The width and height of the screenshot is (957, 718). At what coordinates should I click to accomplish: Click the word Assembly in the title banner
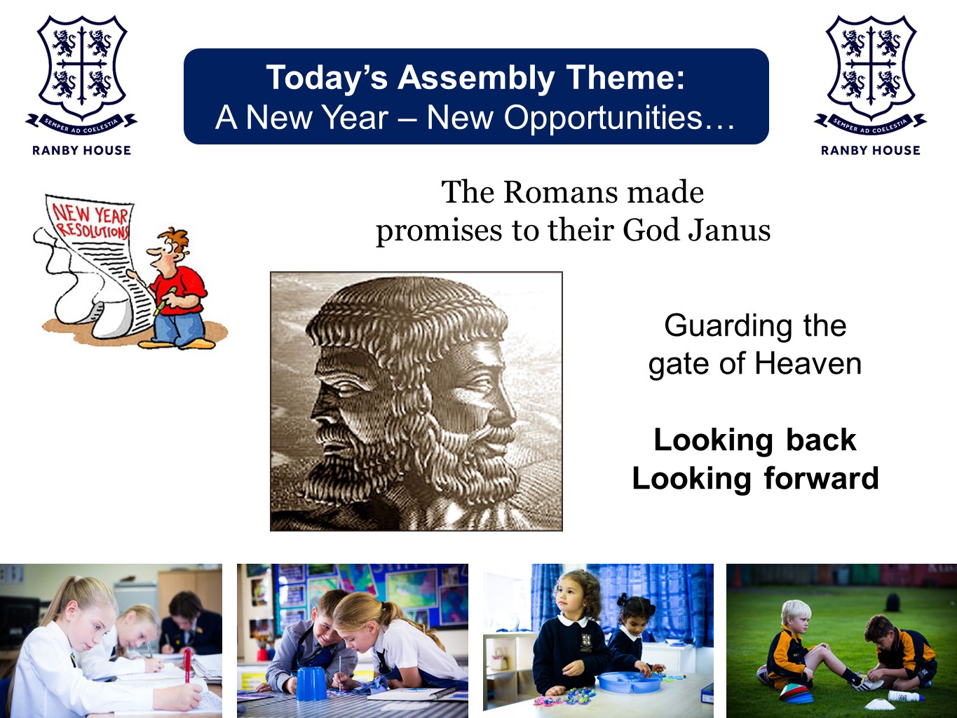pos(475,79)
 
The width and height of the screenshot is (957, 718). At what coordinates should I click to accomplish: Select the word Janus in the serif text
pos(729,230)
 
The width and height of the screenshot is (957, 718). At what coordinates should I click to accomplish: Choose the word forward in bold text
pos(821,478)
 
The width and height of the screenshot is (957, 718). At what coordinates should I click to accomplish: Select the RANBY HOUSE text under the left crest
pos(81,150)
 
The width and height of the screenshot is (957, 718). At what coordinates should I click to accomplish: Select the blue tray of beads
pos(630,682)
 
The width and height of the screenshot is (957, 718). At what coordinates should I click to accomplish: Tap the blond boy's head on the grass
pos(796,614)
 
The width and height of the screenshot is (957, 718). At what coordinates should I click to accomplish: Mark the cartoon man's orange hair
pos(175,239)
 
